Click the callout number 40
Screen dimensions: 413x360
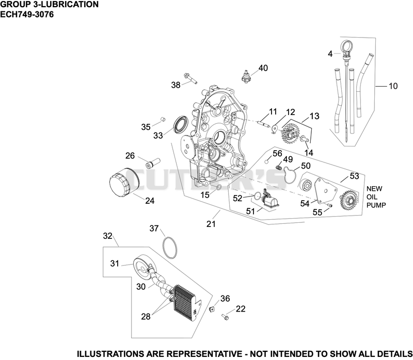pos(263,68)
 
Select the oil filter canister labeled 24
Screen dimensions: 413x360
pos(120,182)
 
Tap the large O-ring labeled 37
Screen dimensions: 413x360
pos(170,248)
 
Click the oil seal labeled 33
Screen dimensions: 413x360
pos(181,123)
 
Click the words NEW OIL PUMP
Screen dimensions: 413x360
pos(376,197)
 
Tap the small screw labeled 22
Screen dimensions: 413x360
pos(225,317)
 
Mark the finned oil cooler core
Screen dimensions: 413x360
pos(187,303)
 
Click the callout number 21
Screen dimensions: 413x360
pos(211,224)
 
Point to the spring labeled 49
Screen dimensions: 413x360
pos(279,167)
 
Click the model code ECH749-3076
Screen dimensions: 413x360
pos(27,14)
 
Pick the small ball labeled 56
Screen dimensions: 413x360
pos(267,161)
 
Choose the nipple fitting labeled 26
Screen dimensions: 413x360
pos(153,162)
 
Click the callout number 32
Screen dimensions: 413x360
pos(108,236)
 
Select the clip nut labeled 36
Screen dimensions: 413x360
pos(211,309)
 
